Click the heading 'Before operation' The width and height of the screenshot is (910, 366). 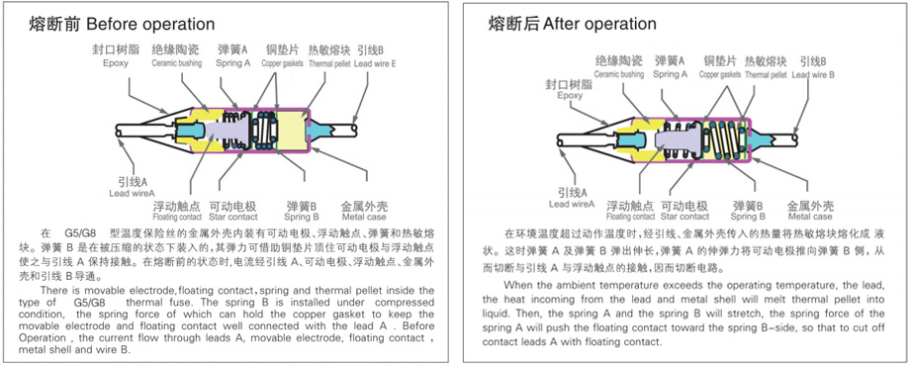(150, 24)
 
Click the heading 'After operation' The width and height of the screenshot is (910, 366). (600, 24)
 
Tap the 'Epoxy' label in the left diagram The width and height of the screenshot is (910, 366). (116, 63)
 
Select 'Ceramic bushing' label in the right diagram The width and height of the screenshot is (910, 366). (618, 74)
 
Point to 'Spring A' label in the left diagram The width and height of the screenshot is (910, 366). (232, 63)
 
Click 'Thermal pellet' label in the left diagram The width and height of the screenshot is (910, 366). (329, 63)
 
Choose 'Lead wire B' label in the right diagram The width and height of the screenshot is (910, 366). (813, 75)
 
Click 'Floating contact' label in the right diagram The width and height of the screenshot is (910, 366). (630, 217)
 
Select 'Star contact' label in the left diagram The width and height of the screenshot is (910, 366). (232, 217)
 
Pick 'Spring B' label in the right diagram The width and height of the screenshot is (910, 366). (748, 217)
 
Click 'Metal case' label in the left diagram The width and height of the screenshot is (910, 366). (364, 217)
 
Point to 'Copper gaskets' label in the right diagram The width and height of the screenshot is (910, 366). (720, 74)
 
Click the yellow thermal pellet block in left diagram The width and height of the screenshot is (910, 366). (292, 132)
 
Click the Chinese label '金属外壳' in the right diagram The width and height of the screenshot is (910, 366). (810, 206)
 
